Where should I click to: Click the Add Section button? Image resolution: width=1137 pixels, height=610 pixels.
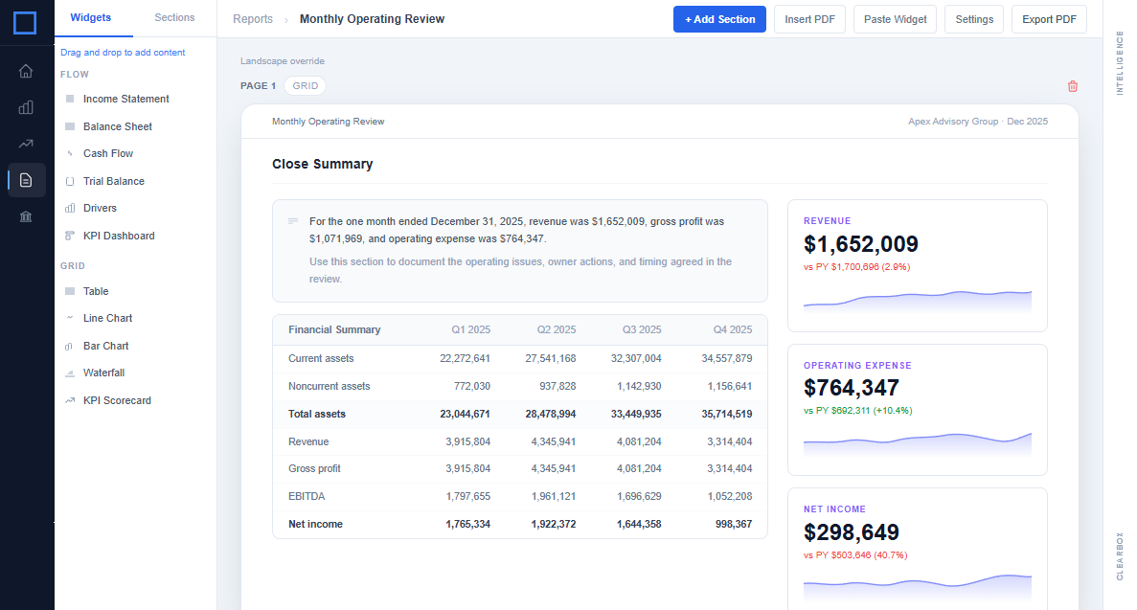(719, 19)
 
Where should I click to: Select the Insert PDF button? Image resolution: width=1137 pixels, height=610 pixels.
(809, 19)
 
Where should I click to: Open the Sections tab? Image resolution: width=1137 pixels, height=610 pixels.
(174, 18)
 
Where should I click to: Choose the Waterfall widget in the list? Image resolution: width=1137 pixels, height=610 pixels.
(103, 373)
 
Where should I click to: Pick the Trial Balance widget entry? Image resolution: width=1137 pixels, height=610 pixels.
(113, 181)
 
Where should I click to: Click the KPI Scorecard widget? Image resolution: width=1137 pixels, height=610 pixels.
(117, 400)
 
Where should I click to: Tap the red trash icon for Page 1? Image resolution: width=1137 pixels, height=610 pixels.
(1073, 86)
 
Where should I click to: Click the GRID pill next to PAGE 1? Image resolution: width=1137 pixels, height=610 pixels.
(306, 86)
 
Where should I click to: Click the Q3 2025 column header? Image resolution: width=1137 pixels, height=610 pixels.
(642, 329)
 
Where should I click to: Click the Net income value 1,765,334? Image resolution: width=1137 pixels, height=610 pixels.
(467, 524)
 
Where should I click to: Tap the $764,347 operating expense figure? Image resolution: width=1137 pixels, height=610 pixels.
(852, 388)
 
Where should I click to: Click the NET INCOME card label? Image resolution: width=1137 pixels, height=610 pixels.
(834, 509)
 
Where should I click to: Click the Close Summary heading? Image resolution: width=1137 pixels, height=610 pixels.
(322, 164)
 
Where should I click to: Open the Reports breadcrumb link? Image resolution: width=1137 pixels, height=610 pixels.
(253, 19)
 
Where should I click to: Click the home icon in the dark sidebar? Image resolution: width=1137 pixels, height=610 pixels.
(26, 71)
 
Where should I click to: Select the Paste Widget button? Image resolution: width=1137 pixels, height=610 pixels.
(895, 19)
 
